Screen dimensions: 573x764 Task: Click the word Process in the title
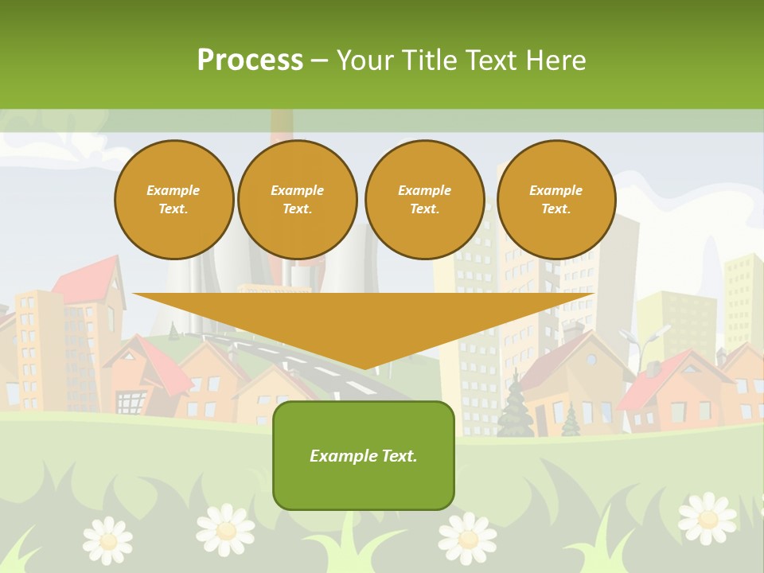click(250, 60)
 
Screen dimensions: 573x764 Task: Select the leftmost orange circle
click(173, 200)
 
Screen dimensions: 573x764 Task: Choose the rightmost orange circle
click(556, 200)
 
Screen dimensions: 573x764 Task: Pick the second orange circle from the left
click(298, 200)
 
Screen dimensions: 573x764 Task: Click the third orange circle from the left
click(425, 200)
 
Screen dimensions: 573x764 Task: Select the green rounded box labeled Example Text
click(364, 455)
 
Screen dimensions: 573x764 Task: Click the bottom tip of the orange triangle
click(364, 368)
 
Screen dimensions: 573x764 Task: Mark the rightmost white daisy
click(707, 517)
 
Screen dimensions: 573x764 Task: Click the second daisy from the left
click(226, 528)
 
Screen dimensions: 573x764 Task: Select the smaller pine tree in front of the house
click(570, 421)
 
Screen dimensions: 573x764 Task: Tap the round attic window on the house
click(591, 360)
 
